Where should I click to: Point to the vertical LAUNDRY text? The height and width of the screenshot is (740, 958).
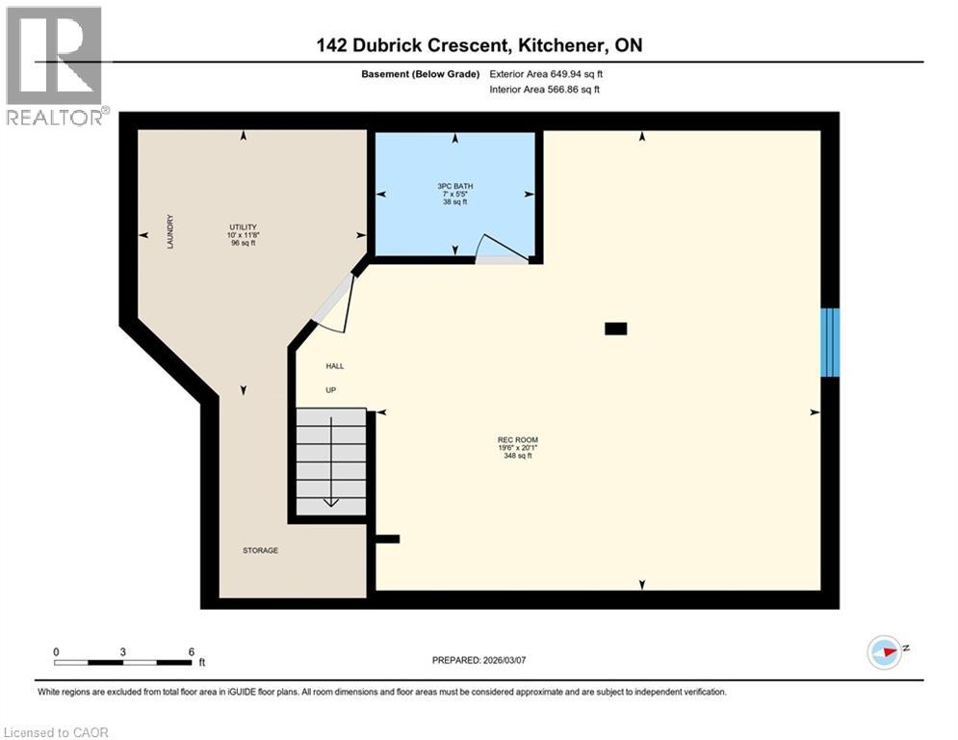point(169,232)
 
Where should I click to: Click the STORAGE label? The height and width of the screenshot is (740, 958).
point(259,550)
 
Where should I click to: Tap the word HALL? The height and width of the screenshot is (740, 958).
point(334,366)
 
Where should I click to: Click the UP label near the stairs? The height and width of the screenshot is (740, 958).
point(329,389)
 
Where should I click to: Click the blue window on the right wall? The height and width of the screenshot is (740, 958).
point(829,342)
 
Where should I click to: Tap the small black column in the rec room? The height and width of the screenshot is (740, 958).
point(615,329)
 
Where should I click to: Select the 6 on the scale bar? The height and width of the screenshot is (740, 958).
point(191,651)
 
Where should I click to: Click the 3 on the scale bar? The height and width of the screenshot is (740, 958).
point(123,651)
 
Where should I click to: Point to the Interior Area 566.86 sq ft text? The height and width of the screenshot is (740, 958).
point(545,90)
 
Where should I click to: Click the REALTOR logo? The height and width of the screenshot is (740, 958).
point(54,66)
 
